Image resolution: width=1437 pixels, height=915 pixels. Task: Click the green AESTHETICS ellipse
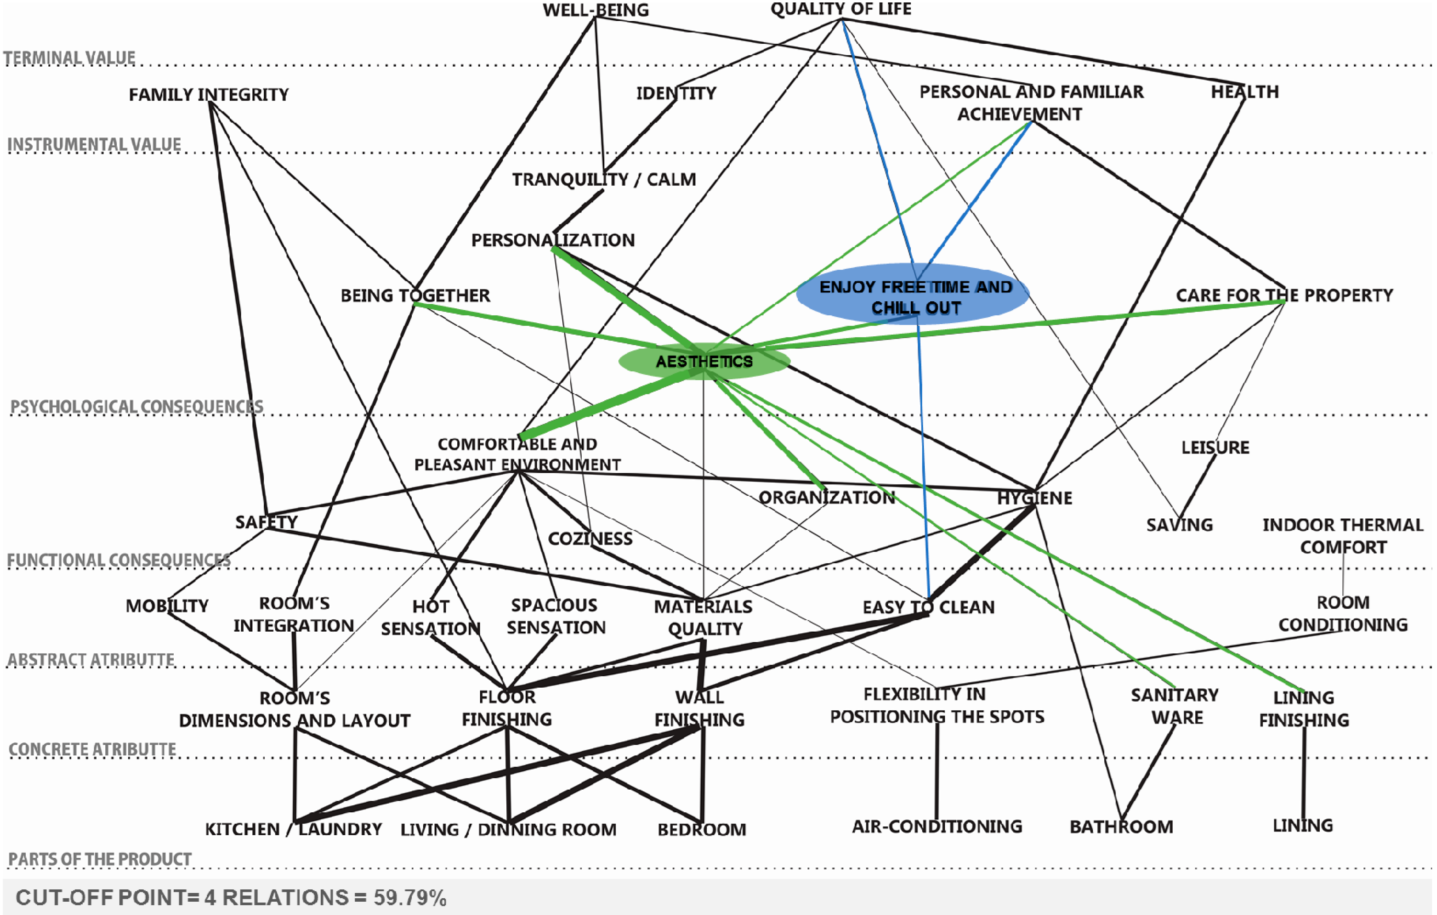(704, 361)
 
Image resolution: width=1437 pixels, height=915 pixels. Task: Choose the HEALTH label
(1244, 92)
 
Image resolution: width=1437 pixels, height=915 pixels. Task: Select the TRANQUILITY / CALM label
(604, 179)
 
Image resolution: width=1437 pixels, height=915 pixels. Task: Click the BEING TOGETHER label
(415, 295)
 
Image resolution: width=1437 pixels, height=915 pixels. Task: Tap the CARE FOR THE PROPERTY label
(1284, 295)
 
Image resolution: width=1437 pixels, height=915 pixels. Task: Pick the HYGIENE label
(1034, 498)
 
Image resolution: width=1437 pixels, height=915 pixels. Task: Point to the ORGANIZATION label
(826, 497)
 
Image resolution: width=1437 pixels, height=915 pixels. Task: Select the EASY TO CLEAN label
(929, 607)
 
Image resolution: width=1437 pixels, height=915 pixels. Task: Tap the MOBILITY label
(167, 606)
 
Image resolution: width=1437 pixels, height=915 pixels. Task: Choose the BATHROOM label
(1121, 827)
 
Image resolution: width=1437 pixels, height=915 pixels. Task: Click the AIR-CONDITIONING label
(937, 826)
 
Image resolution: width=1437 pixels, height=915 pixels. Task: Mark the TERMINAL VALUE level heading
(70, 58)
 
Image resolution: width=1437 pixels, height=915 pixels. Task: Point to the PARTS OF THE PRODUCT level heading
(100, 859)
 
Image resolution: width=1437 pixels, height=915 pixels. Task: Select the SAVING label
(1179, 525)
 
